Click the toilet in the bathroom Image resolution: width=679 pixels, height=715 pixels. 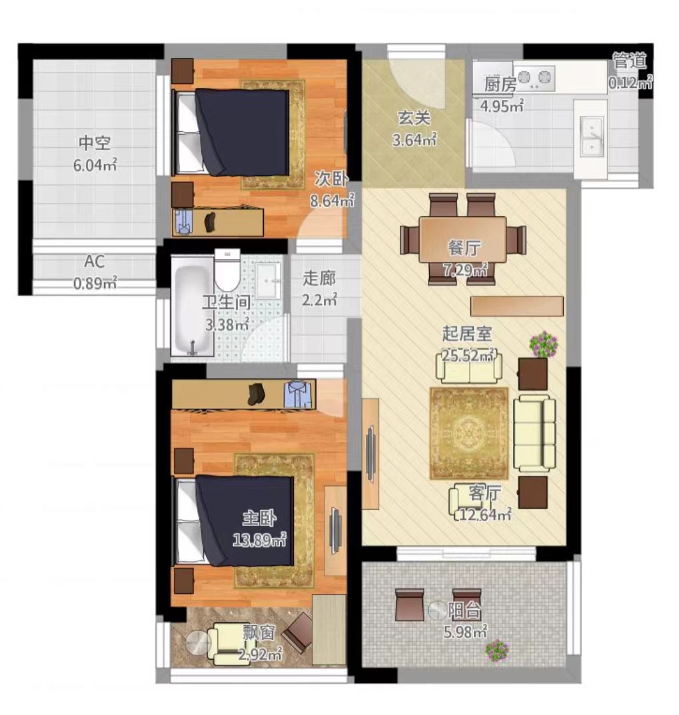tap(227, 270)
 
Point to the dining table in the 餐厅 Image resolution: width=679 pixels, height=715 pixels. tap(462, 240)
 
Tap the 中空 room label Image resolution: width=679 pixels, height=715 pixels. tap(95, 142)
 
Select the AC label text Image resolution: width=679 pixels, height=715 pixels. tap(95, 262)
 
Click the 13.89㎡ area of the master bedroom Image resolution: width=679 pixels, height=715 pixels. tap(259, 541)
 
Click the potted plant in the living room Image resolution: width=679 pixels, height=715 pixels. tap(544, 344)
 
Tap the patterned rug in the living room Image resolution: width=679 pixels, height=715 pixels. tap(469, 433)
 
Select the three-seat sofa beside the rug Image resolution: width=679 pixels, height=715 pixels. tap(534, 433)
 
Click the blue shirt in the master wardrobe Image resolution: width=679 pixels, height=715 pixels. tap(299, 394)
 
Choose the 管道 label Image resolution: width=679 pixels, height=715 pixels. tap(629, 61)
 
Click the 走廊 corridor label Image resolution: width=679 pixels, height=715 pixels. tap(319, 278)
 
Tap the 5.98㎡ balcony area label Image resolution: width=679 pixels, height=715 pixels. tap(465, 632)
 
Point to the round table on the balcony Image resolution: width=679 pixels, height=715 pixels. tap(438, 610)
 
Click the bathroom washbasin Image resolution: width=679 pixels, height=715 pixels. tap(268, 280)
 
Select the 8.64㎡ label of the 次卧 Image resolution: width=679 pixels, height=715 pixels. tap(333, 200)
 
